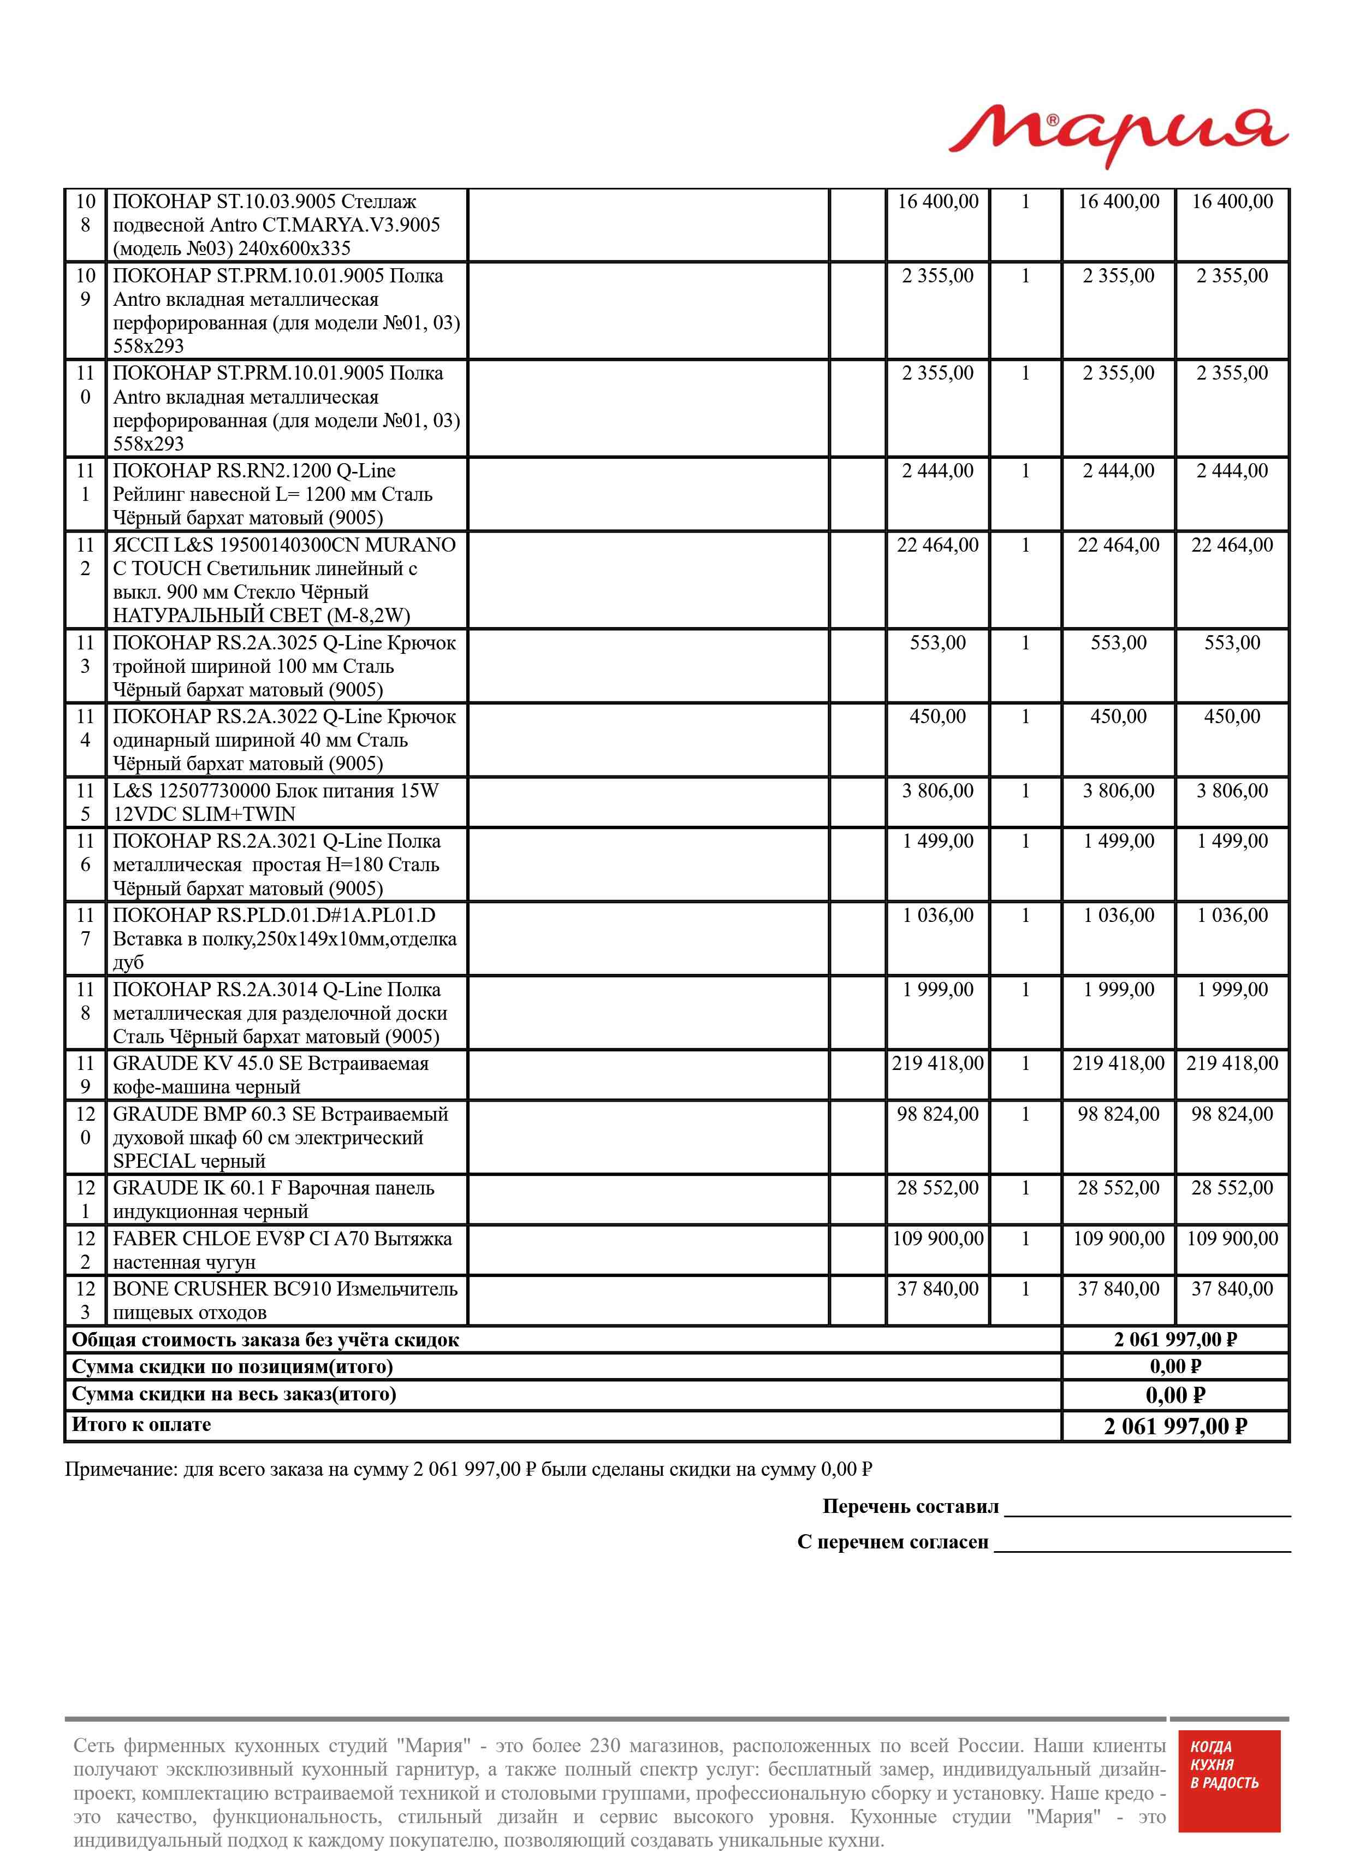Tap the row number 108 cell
85,213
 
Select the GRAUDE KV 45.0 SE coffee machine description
270,1075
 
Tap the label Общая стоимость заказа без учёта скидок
265,1340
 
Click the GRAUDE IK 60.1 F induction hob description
273,1199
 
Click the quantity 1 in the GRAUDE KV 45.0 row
1025,1064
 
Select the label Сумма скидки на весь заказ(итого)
234,1394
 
